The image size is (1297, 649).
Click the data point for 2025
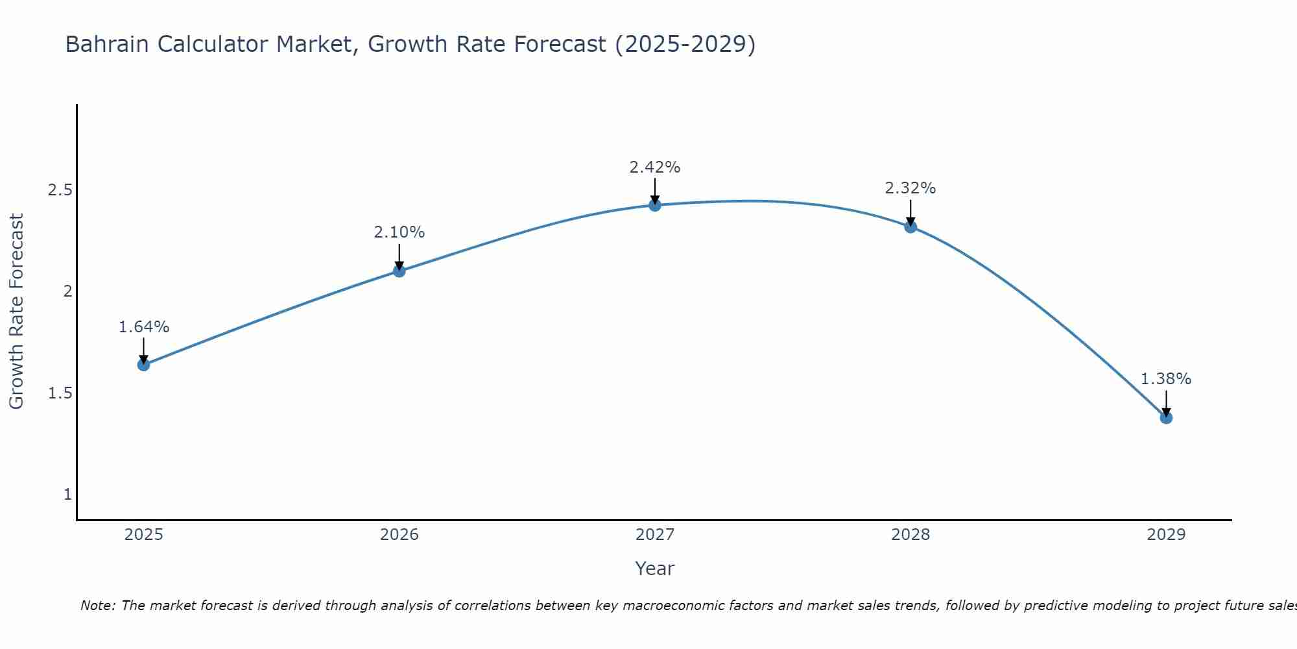click(143, 365)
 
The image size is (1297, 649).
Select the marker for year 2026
click(399, 271)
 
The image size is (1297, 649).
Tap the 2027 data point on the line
click(655, 205)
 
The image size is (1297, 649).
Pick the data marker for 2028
click(910, 227)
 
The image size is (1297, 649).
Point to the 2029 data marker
click(1166, 417)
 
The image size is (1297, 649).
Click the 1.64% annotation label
click(143, 327)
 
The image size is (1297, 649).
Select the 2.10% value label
click(399, 232)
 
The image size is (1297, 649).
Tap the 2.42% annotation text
click(655, 167)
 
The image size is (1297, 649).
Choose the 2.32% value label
click(910, 188)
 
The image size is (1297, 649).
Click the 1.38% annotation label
click(1166, 379)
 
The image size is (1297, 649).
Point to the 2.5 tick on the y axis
click(60, 190)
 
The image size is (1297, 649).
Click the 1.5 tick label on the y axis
click(60, 393)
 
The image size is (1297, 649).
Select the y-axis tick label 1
click(67, 495)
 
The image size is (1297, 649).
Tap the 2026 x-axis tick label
click(399, 535)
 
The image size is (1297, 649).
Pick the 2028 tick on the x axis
click(910, 535)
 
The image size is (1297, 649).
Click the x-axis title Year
click(655, 569)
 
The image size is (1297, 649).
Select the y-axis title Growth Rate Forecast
click(16, 312)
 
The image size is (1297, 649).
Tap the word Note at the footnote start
click(97, 606)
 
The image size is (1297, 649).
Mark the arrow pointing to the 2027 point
click(655, 191)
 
